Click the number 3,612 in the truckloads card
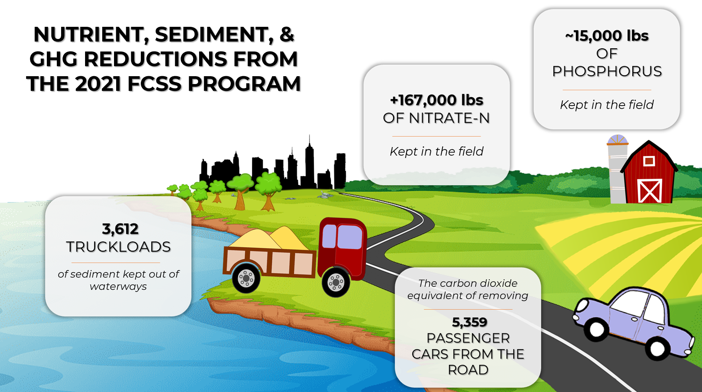[120, 229]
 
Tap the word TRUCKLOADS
[118, 247]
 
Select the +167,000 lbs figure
[436, 100]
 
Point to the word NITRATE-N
[449, 118]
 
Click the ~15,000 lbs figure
[607, 35]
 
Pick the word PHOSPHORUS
[607, 71]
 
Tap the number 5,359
[469, 322]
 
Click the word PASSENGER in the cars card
[468, 338]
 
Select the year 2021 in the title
[98, 84]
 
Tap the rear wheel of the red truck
[246, 278]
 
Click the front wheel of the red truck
[336, 283]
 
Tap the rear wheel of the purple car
[597, 329]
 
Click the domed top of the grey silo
[617, 140]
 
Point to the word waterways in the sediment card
[118, 286]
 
